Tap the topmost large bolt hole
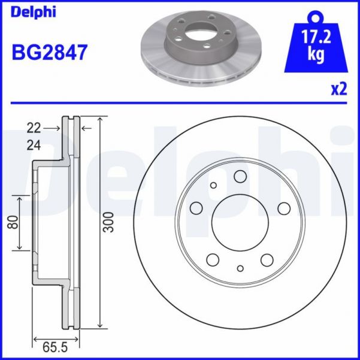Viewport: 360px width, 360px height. tap(240, 176)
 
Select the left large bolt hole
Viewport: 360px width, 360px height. tap(196, 208)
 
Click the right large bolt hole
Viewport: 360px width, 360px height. tap(284, 208)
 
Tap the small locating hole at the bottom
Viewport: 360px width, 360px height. tap(240, 268)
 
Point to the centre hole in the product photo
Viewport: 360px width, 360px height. tap(195, 31)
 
